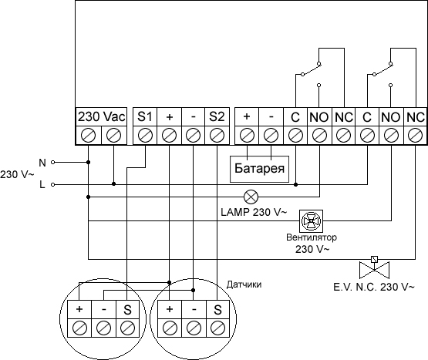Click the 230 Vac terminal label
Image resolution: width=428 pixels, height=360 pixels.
click(x=101, y=116)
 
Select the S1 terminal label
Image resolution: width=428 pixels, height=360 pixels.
click(x=145, y=116)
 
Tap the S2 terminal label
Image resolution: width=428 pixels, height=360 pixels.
click(x=217, y=116)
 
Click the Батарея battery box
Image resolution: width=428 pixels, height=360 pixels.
click(x=259, y=169)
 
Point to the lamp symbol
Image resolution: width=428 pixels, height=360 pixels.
click(x=251, y=197)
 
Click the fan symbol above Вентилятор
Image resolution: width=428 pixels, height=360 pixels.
click(x=311, y=220)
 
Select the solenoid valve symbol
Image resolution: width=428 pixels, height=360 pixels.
click(x=374, y=267)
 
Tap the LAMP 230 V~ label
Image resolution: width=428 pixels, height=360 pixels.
click(x=254, y=212)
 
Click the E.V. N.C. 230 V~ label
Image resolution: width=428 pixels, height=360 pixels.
click(x=374, y=287)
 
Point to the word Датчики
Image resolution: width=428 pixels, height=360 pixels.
click(x=244, y=284)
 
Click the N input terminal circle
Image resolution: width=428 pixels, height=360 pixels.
click(x=53, y=163)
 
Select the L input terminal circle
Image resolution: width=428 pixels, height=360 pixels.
click(x=53, y=184)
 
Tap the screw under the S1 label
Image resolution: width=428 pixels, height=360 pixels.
click(x=145, y=136)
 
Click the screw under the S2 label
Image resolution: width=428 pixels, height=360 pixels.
click(x=217, y=136)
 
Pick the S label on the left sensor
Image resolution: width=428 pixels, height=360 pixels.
click(x=127, y=310)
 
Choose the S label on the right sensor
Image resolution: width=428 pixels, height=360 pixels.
click(x=217, y=310)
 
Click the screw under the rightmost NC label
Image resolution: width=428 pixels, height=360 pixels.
click(x=416, y=136)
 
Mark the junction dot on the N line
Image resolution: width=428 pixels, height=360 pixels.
click(x=88, y=163)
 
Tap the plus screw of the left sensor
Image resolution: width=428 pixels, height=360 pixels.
click(x=79, y=328)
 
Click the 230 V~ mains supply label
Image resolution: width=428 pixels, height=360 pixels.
click(x=17, y=174)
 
